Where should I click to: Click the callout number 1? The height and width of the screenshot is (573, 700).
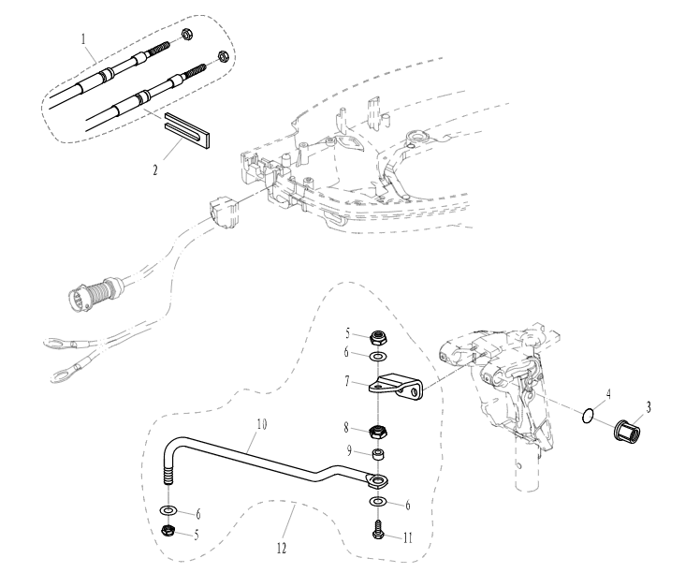tap(83, 39)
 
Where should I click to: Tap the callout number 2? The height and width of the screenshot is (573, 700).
tap(155, 170)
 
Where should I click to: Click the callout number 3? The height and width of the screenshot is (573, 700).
tap(649, 407)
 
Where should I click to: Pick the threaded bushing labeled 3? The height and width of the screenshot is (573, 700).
tap(627, 430)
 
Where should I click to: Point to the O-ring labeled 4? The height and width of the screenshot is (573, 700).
tap(588, 416)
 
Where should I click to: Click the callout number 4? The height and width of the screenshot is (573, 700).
tap(607, 394)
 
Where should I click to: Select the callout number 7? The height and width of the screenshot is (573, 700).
tap(347, 381)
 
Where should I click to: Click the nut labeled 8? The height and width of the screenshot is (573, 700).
tap(378, 433)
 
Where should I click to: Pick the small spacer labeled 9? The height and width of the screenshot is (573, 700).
tap(379, 455)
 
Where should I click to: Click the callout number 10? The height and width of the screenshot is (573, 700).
tap(262, 424)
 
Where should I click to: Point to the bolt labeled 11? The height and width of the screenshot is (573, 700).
tap(378, 529)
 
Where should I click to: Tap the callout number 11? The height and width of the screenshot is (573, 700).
tap(408, 537)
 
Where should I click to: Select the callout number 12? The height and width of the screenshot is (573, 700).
tap(282, 548)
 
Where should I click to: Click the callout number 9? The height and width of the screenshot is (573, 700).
tap(350, 451)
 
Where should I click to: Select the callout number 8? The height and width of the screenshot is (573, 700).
tap(346, 428)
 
